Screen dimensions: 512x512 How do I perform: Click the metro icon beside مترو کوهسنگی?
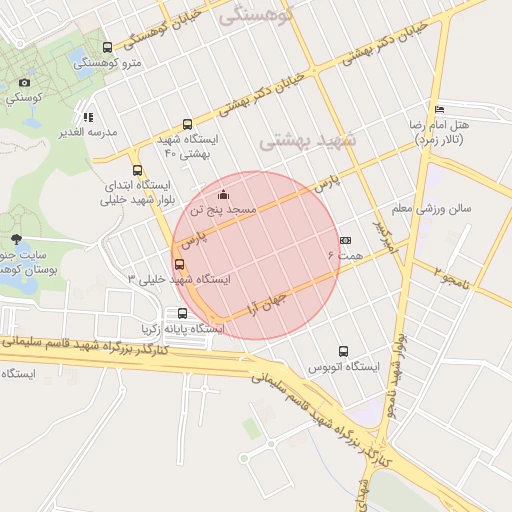click(107, 47)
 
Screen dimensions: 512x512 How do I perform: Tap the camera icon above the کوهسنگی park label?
click(24, 82)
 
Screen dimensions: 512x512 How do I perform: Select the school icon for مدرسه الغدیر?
click(88, 117)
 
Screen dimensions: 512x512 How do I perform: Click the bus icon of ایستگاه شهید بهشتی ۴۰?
click(188, 124)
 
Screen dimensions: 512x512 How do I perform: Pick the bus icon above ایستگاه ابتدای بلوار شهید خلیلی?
click(137, 169)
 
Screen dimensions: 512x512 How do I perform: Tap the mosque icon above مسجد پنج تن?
click(222, 195)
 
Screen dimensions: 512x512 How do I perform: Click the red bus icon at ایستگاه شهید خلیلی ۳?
click(179, 264)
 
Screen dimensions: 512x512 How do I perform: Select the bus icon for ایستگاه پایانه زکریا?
click(181, 313)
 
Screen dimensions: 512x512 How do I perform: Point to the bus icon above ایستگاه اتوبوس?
click(344, 351)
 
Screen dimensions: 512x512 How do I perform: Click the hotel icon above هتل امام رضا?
click(439, 109)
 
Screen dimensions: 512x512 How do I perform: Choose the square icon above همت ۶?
click(346, 240)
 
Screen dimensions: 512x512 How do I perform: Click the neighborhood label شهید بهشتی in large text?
click(309, 141)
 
